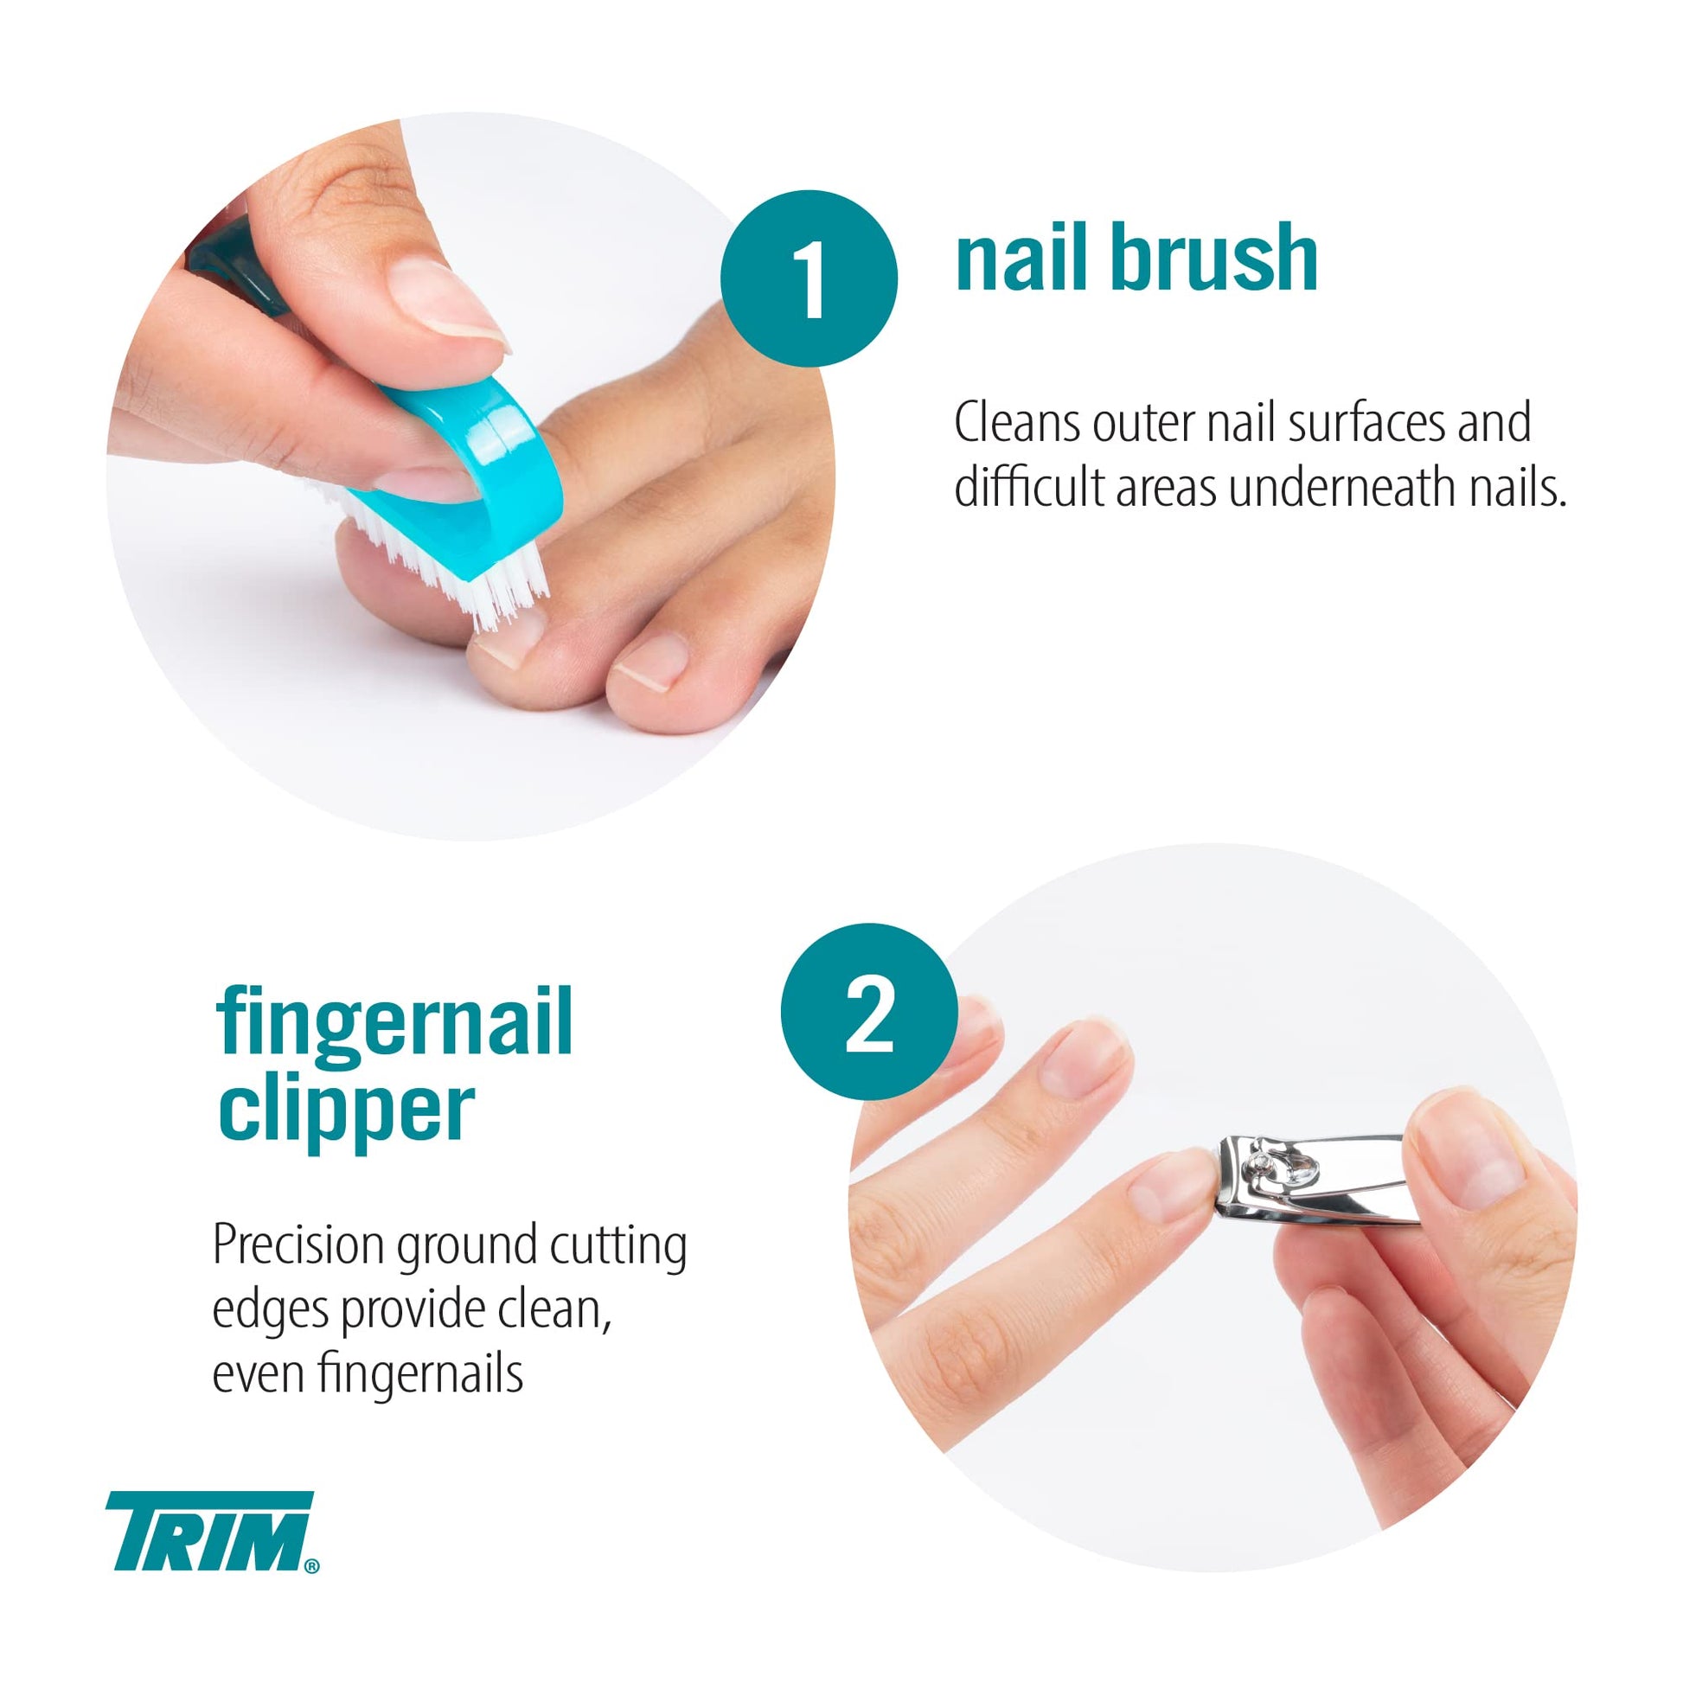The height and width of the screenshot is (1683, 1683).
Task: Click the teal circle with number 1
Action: point(810,278)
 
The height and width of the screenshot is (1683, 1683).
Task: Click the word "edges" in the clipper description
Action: point(271,1313)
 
